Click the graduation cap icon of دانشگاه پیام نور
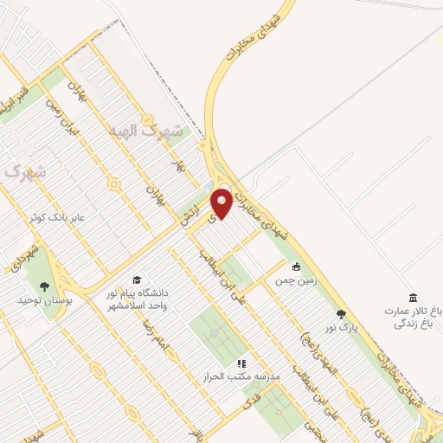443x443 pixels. [x=137, y=279]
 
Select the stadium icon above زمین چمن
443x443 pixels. [x=297, y=266]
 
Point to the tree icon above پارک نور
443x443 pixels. [x=341, y=313]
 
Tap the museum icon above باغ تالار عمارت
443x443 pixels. [x=413, y=297]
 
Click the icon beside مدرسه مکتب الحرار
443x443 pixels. [x=241, y=363]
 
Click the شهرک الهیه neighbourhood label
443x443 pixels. [x=147, y=132]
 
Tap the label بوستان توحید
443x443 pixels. [x=41, y=299]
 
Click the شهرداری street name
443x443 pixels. [x=21, y=257]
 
